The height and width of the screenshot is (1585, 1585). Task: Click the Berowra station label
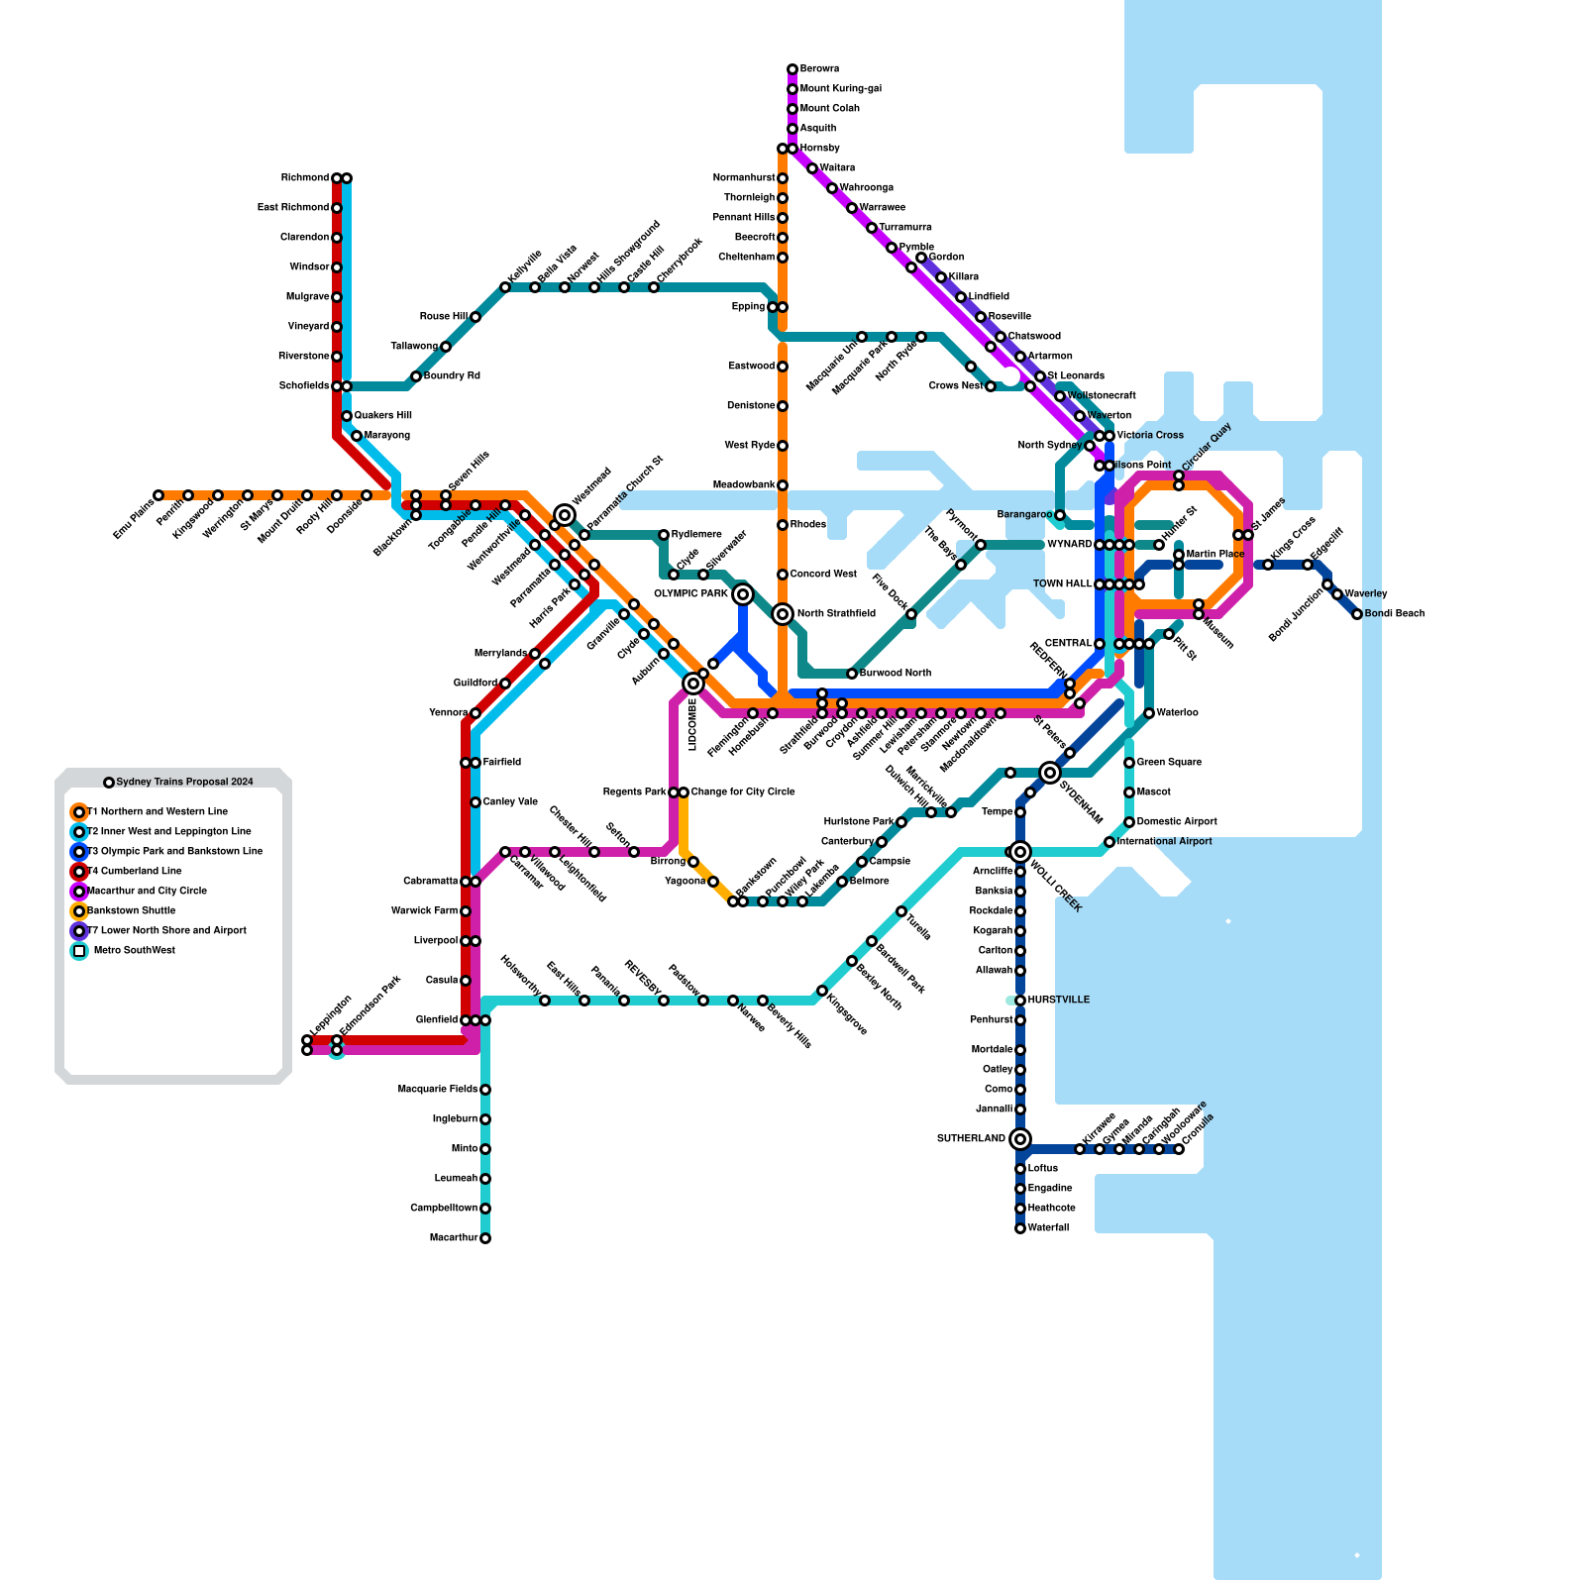coord(819,69)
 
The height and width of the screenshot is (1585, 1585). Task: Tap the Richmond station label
coord(304,178)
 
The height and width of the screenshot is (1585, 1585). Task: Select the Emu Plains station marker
coord(158,495)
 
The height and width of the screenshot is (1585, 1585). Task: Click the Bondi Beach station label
coord(1394,614)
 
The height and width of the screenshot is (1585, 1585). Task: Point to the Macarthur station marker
coord(485,1238)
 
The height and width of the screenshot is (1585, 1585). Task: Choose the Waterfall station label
coord(1048,1228)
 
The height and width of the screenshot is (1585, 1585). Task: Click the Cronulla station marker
coord(1179,1149)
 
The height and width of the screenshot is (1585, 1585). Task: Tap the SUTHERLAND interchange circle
coord(1020,1139)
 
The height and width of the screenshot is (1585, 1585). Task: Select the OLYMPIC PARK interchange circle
coord(743,594)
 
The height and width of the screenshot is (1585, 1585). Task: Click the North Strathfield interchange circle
coord(783,614)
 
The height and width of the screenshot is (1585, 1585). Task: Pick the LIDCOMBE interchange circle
coord(693,684)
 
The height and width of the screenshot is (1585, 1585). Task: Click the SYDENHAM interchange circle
coord(1050,773)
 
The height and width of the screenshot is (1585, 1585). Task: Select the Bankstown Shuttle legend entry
coord(131,911)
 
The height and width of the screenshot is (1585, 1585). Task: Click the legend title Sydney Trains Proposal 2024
coord(184,783)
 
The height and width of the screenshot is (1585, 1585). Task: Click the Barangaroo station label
coord(1023,515)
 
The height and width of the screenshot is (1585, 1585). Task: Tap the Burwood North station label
coord(895,674)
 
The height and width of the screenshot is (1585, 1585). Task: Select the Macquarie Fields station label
coord(438,1090)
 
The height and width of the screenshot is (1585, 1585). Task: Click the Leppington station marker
coord(307,1040)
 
